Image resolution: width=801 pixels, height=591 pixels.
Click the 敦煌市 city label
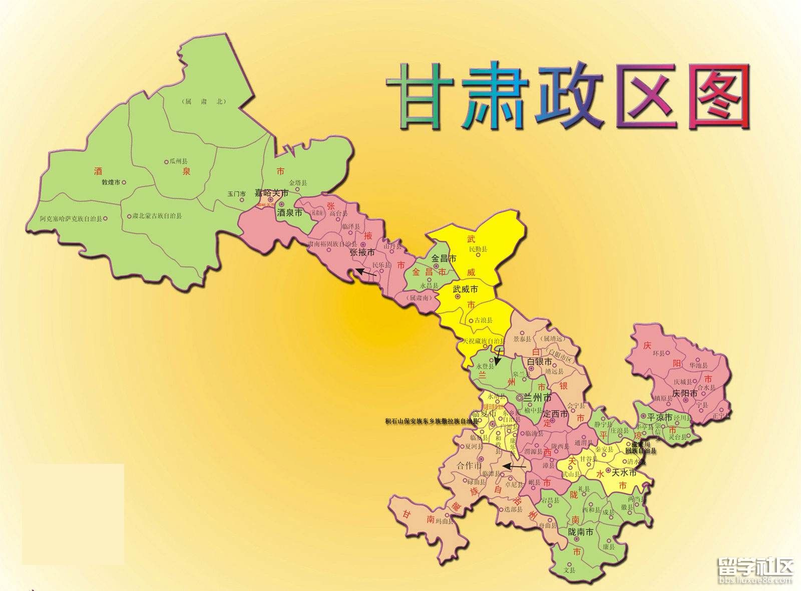pyautogui.click(x=111, y=183)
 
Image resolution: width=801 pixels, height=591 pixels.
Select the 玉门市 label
pyautogui.click(x=236, y=193)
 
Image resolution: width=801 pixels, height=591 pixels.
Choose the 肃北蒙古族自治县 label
pyautogui.click(x=157, y=216)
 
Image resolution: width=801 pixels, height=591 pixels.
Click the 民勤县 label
pyautogui.click(x=478, y=249)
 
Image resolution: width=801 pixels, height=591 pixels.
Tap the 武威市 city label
pyautogui.click(x=465, y=289)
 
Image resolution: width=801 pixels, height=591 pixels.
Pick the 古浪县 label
pyautogui.click(x=483, y=320)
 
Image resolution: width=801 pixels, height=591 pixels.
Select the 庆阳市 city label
pyautogui.click(x=685, y=394)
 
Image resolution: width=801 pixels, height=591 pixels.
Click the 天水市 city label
pyautogui.click(x=624, y=472)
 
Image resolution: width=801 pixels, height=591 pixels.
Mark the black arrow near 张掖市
pyautogui.click(x=366, y=273)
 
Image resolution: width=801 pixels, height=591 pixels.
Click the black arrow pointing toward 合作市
pyautogui.click(x=515, y=466)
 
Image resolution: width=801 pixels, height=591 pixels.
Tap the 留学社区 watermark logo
pyautogui.click(x=756, y=568)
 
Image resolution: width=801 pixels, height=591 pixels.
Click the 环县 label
pyautogui.click(x=659, y=353)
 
